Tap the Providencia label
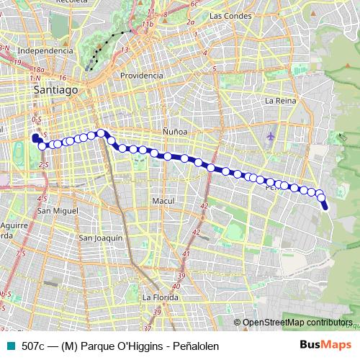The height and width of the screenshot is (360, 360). point(141,76)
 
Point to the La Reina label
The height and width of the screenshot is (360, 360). point(280,101)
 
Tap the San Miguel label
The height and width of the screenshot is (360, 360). point(58,211)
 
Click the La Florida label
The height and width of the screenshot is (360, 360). point(160,297)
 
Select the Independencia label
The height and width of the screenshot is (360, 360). point(45,51)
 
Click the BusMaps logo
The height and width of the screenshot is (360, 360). point(325,346)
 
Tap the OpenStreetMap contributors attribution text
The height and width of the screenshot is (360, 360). point(298,323)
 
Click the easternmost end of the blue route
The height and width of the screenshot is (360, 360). point(325,207)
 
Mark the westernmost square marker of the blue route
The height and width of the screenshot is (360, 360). point(35,137)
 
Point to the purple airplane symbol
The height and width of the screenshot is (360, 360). point(270,135)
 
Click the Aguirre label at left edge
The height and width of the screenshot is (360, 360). point(14,225)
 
